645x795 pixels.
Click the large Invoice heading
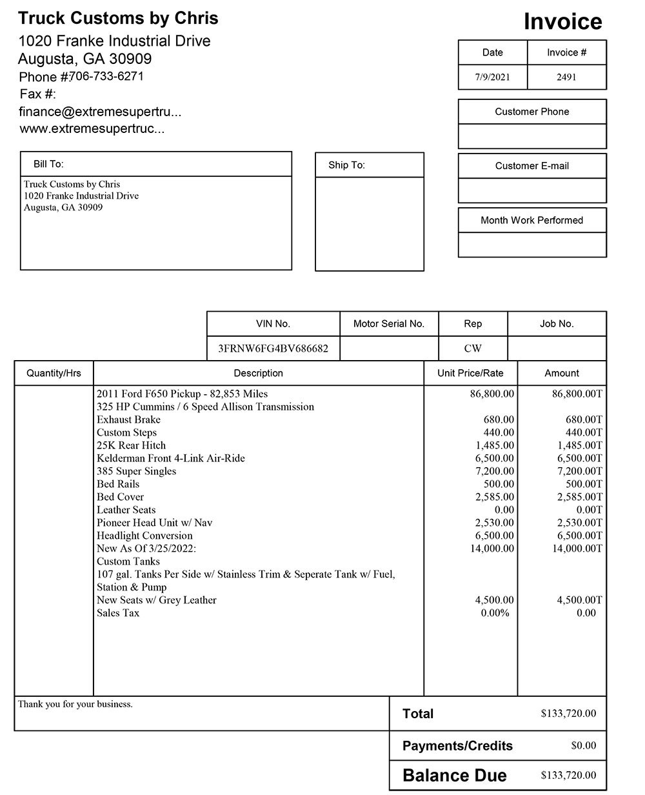tap(562, 21)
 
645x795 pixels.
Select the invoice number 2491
tap(566, 77)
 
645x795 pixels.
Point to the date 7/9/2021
tap(492, 77)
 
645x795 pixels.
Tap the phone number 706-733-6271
tap(106, 76)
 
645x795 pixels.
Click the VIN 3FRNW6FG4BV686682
tap(273, 348)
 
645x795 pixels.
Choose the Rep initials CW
tap(473, 348)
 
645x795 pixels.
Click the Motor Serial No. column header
tap(388, 324)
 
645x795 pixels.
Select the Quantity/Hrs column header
tap(54, 373)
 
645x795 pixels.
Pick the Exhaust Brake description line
tap(128, 419)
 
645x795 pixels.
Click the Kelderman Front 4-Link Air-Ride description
tap(170, 458)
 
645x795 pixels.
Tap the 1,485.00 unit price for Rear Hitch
tap(495, 445)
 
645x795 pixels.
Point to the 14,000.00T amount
tap(577, 548)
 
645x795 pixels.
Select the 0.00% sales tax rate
tap(495, 613)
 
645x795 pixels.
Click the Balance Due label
tap(454, 776)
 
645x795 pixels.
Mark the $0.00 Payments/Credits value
tap(584, 746)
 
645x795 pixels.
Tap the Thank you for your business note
tap(75, 704)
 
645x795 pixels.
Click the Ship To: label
tap(346, 165)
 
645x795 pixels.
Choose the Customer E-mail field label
tap(531, 166)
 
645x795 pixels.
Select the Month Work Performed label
tap(531, 220)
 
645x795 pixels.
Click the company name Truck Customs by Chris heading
tap(118, 18)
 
